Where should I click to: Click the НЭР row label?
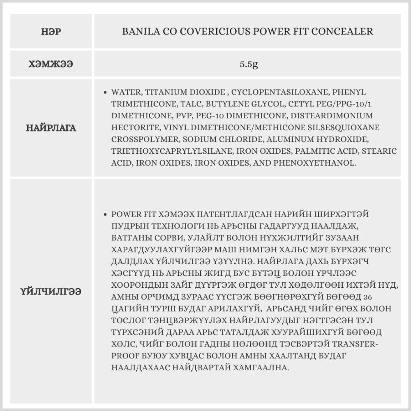click(51, 32)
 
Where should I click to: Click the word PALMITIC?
click(303, 151)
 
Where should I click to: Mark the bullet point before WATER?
click(106, 92)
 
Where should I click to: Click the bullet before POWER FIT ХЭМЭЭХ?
click(106, 215)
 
